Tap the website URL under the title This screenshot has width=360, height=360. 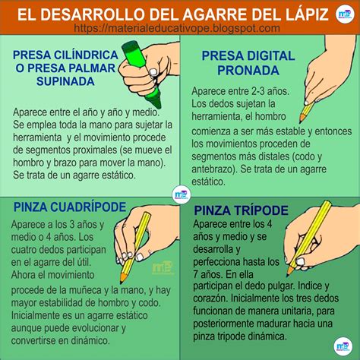179,28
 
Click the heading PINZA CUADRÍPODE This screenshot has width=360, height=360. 65,204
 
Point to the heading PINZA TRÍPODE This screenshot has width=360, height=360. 241,210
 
